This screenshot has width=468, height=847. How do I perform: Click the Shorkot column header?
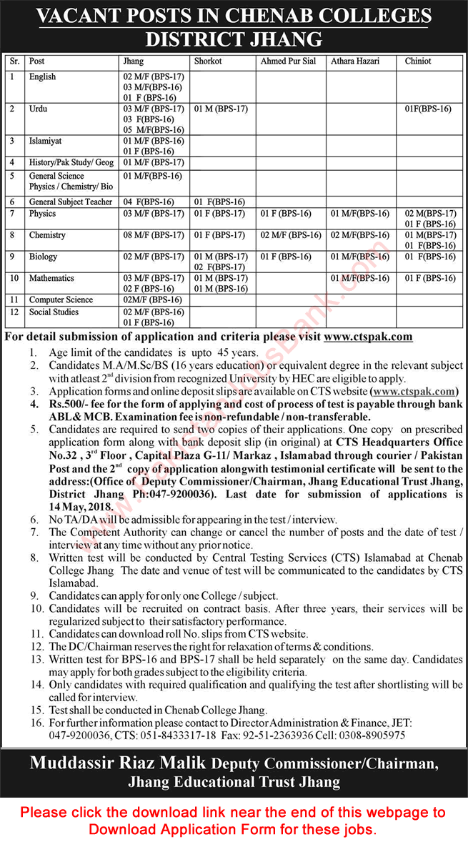(208, 61)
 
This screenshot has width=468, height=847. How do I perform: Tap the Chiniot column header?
(418, 61)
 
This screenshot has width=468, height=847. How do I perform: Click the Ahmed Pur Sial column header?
(287, 61)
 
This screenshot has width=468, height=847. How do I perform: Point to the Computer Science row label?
(60, 299)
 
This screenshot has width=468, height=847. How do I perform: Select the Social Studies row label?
(54, 312)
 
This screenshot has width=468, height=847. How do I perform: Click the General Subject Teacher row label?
(70, 202)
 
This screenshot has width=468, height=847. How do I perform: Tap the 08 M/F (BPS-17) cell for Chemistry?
(154, 235)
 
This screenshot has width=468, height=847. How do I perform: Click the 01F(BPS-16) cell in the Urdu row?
(428, 109)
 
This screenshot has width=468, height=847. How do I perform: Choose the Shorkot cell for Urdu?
(221, 109)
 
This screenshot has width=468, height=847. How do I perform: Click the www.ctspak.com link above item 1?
(368, 337)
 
